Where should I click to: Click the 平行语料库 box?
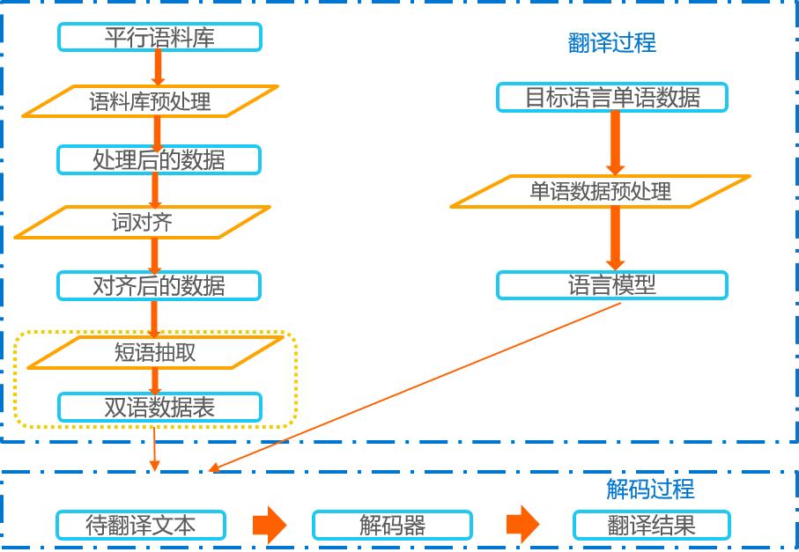point(159,37)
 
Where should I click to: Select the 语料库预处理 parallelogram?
point(151,101)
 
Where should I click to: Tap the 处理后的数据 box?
point(159,160)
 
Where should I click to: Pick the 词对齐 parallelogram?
point(142,222)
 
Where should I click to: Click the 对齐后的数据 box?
point(159,285)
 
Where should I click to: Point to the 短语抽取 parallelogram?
point(155,352)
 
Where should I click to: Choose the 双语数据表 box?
point(159,408)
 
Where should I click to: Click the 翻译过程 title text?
point(612,43)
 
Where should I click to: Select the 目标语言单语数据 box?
point(612,97)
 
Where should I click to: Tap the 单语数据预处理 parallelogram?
point(600,191)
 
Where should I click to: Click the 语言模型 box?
point(612,285)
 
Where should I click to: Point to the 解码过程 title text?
point(650,489)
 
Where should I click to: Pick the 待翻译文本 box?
point(141,525)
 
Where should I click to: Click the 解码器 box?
point(392,526)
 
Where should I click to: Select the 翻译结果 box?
point(652,525)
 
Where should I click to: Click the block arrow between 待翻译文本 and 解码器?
point(270,525)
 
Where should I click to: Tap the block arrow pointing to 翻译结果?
point(522,525)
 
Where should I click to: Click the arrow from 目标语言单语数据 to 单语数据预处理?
point(616,144)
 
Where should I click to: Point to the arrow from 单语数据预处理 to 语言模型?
point(616,239)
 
